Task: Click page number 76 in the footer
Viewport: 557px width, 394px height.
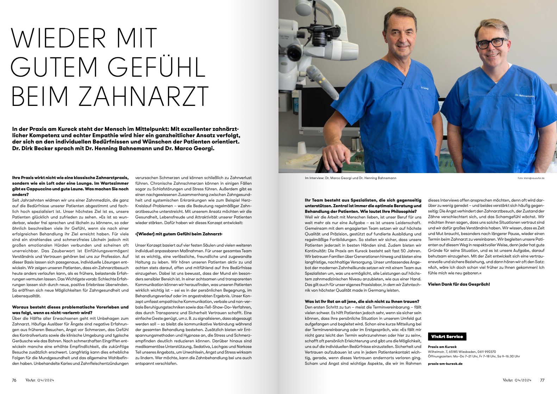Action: (14, 380)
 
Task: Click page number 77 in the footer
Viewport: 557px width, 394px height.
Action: (542, 380)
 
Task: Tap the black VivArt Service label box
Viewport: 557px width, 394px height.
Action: (447, 337)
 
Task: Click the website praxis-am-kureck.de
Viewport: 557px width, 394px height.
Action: (445, 363)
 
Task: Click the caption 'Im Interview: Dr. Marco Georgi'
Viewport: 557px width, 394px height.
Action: (331, 178)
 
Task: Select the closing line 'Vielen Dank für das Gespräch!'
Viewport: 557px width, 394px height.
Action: (458, 284)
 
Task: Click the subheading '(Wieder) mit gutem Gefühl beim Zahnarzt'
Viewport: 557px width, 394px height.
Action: (179, 234)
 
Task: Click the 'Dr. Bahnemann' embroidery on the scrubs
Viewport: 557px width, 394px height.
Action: (524, 96)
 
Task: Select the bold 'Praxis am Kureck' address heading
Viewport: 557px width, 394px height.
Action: (442, 347)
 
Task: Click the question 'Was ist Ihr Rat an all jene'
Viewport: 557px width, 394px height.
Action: (362, 301)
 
